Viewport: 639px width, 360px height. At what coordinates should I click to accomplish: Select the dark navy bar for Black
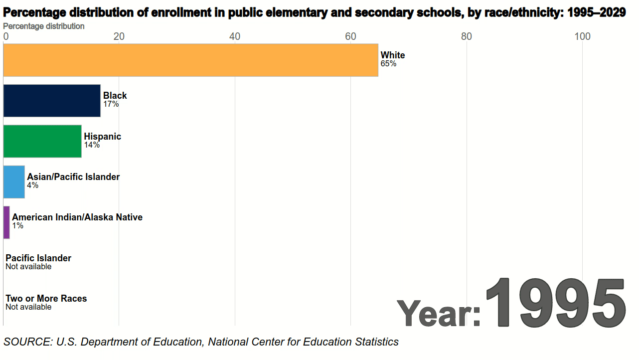[x=52, y=101]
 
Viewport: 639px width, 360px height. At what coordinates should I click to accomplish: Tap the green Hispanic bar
[x=42, y=141]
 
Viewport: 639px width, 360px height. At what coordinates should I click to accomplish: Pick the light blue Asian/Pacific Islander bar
[x=14, y=182]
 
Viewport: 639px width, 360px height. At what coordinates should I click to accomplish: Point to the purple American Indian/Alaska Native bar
[x=6, y=222]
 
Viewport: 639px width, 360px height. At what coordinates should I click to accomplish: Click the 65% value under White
[x=388, y=64]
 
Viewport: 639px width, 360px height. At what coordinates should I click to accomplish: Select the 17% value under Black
[x=111, y=104]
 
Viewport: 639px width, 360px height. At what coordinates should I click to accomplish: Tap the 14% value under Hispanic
[x=92, y=145]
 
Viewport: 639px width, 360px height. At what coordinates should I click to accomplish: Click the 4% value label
[x=32, y=185]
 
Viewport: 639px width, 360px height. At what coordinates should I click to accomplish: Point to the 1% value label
[x=17, y=226]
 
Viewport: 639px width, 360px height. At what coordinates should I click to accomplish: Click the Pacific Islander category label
[x=38, y=258]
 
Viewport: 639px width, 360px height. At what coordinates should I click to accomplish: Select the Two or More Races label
[x=46, y=298]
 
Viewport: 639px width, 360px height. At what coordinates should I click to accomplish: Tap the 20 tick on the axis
[x=119, y=36]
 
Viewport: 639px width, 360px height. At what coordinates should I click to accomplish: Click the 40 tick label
[x=234, y=36]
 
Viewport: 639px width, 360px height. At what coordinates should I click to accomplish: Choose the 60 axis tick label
[x=350, y=36]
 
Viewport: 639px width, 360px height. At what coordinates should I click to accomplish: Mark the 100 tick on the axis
[x=582, y=36]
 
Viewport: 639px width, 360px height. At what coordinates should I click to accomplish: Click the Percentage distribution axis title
[x=44, y=26]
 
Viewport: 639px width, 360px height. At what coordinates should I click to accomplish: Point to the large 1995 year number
[x=555, y=302]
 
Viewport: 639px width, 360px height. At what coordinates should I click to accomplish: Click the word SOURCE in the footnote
[x=27, y=342]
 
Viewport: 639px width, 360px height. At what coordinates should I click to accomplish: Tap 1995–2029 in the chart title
[x=595, y=13]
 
